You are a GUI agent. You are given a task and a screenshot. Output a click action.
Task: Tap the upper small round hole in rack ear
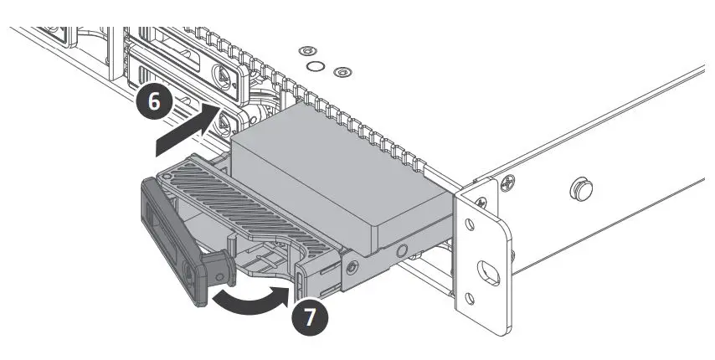tap(481, 202)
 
